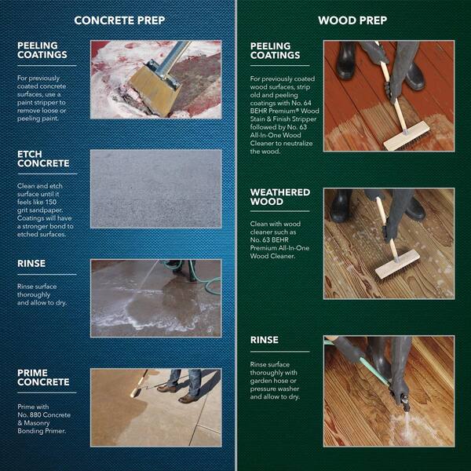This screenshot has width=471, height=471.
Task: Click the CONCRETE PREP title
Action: pyautogui.click(x=119, y=20)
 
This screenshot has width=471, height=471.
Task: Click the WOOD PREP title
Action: pyautogui.click(x=351, y=20)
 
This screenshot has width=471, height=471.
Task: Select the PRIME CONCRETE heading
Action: pyautogui.click(x=43, y=377)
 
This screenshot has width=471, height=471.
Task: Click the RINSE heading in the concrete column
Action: pyautogui.click(x=31, y=265)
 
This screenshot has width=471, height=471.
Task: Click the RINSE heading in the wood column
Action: pyautogui.click(x=264, y=340)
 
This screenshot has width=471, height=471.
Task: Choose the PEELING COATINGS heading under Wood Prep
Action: pyautogui.click(x=276, y=51)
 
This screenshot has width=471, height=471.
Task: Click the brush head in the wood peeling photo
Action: pyautogui.click(x=406, y=136)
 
